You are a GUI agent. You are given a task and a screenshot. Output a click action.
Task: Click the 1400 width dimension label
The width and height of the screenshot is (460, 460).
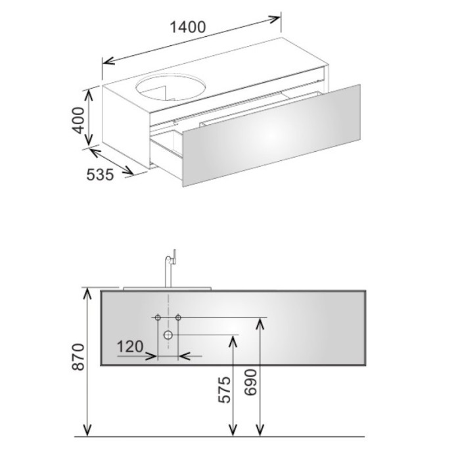pos(188,28)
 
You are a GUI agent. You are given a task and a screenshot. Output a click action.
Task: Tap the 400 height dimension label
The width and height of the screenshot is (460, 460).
pos(79,120)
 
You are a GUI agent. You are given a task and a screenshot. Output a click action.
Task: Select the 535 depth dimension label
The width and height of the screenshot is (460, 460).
pos(100,175)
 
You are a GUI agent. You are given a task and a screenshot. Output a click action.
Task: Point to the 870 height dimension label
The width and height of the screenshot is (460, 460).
pos(79,357)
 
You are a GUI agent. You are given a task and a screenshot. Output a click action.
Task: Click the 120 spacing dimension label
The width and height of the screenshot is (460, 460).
pos(130,346)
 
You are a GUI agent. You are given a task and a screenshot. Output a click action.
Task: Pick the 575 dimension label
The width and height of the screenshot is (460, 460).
pos(225,389)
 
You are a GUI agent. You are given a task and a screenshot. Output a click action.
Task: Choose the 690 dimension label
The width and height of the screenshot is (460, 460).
pos(250,382)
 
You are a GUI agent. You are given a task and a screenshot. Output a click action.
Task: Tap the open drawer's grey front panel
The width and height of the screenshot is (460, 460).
pos(271,135)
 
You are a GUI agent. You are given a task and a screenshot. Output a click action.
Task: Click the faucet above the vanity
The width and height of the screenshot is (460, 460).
pos(170,268)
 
